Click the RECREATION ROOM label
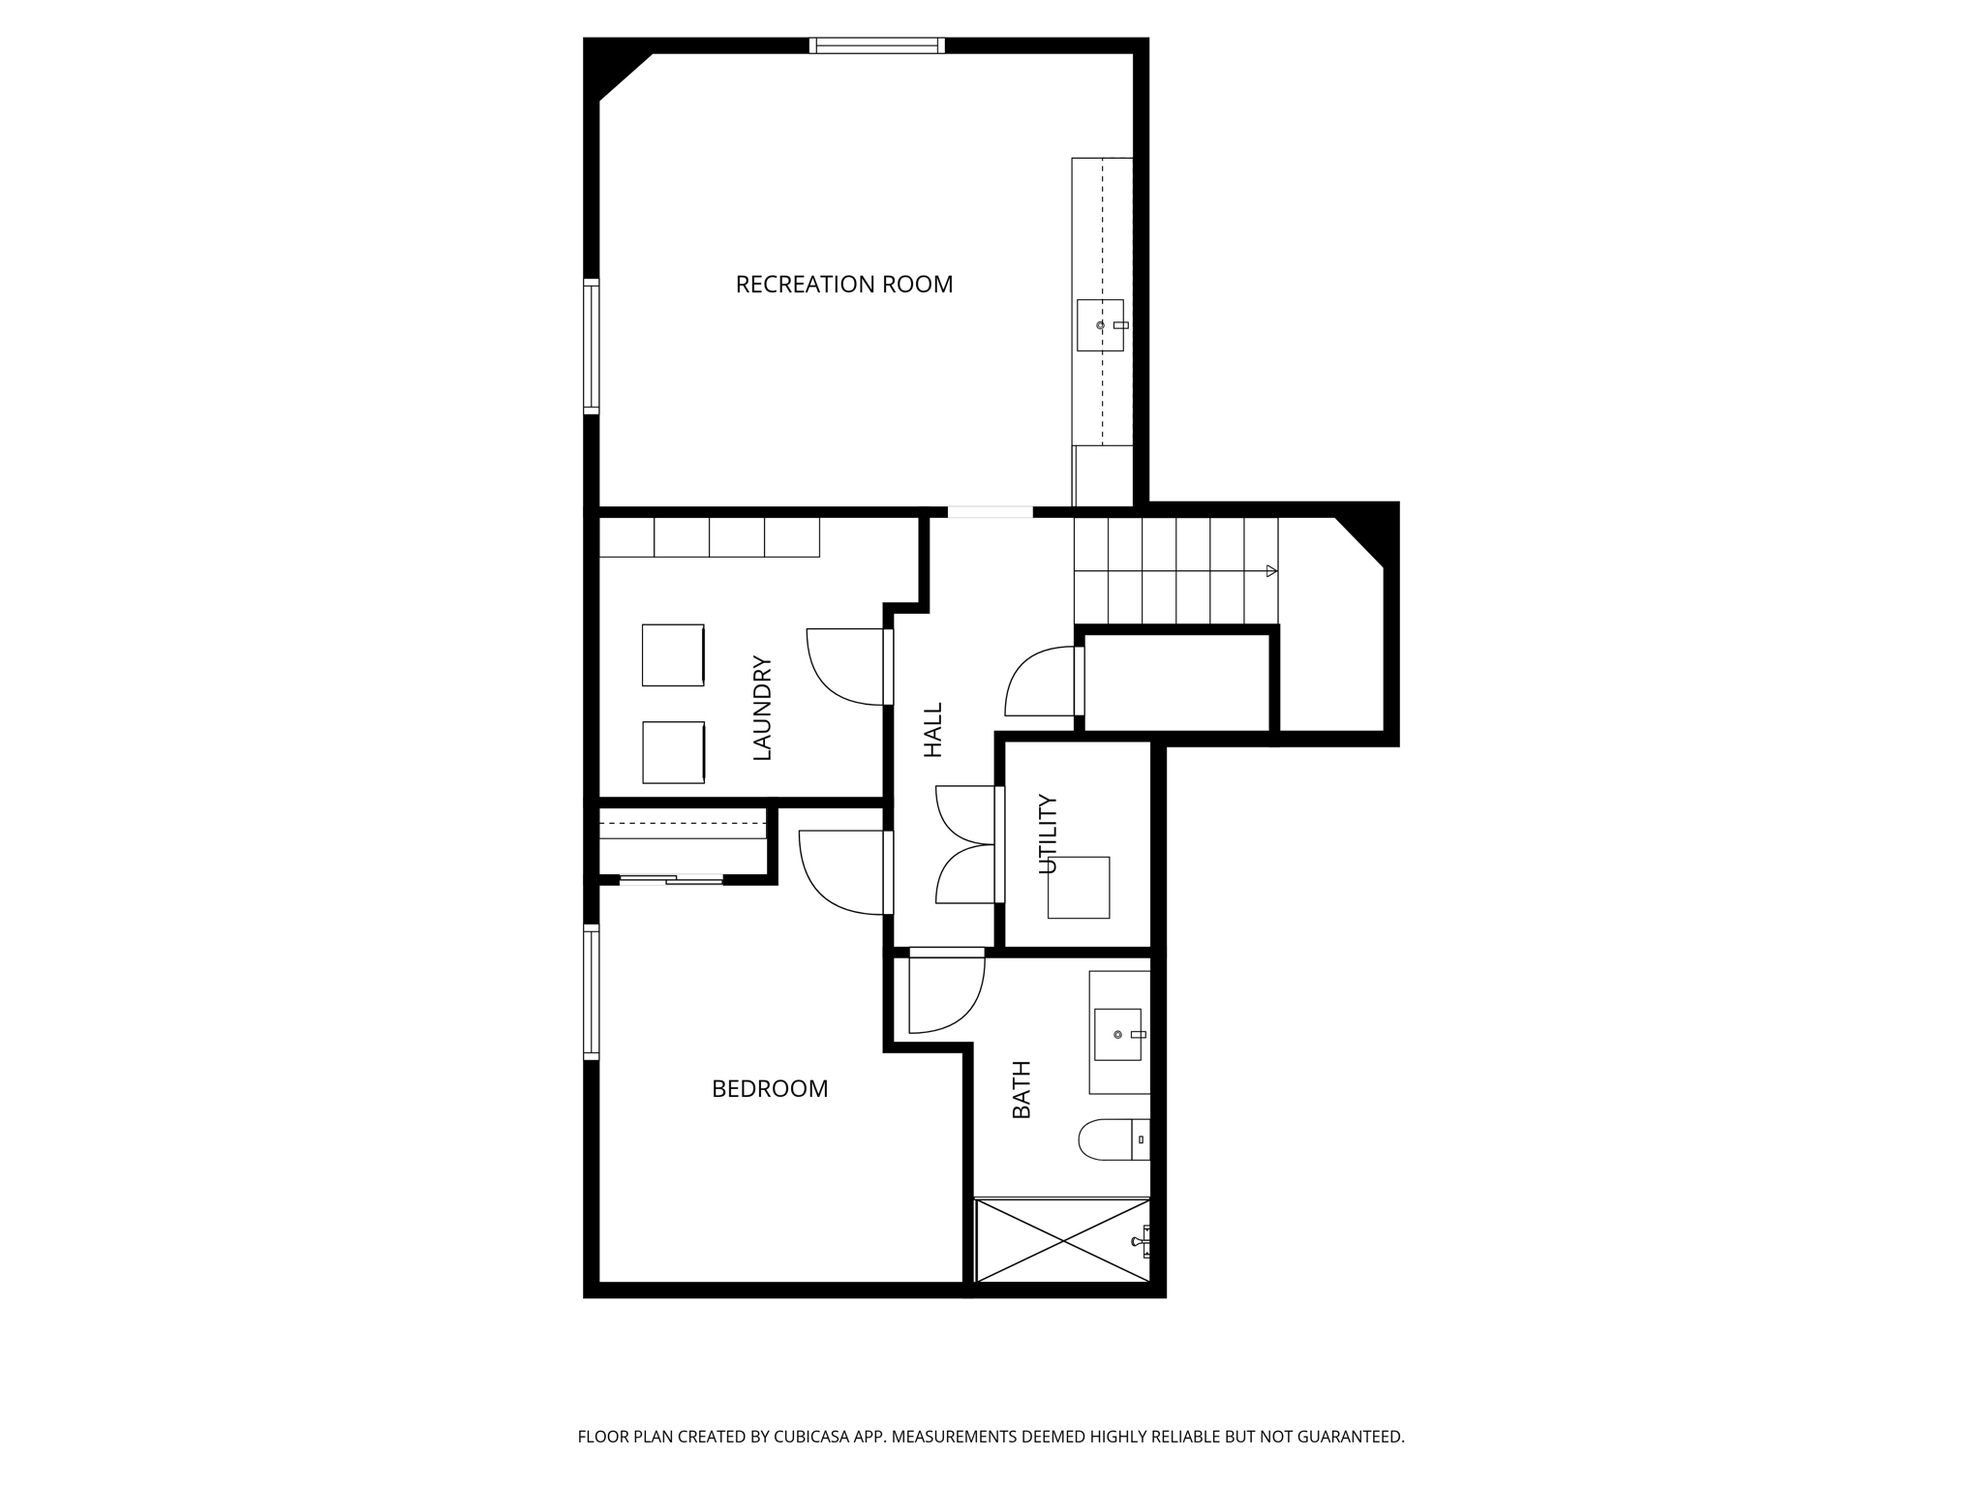(x=843, y=284)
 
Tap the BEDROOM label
(x=770, y=1089)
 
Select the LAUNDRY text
(x=763, y=708)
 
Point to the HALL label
(x=932, y=730)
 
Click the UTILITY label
(x=1049, y=835)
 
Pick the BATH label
(x=1022, y=1090)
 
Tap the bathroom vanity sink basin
(x=1117, y=1034)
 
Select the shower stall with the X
(x=1062, y=1240)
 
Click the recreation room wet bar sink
(x=1100, y=325)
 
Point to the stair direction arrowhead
(x=1271, y=571)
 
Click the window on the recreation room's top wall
(x=876, y=45)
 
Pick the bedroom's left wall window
(x=591, y=991)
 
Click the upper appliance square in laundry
(x=673, y=655)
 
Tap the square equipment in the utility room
(x=1078, y=887)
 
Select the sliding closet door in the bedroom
(x=671, y=879)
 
